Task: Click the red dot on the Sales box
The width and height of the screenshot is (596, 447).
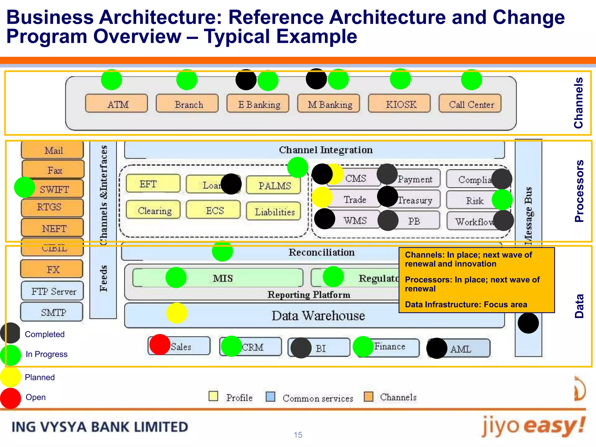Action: click(x=160, y=345)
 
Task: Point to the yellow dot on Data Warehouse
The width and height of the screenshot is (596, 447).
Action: click(x=177, y=313)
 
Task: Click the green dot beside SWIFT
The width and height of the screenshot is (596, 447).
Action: click(x=24, y=187)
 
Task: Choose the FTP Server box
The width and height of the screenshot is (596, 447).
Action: click(x=53, y=291)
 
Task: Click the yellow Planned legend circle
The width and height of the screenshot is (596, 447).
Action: click(x=10, y=377)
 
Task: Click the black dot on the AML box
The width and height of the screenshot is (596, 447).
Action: click(x=437, y=348)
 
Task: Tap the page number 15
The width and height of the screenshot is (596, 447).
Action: click(x=298, y=435)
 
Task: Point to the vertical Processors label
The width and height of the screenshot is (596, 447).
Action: click(x=579, y=191)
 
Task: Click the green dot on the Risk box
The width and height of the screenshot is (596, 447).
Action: click(x=502, y=200)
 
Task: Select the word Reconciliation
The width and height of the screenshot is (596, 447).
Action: click(x=321, y=252)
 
